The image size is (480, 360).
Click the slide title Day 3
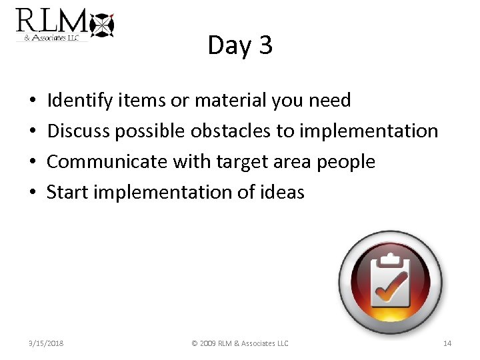[x=240, y=45]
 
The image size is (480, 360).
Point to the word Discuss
[x=78, y=131]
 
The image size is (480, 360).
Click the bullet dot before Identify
[x=33, y=101]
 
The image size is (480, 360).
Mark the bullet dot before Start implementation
[x=33, y=193]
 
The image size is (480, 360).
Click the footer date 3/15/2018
[x=46, y=343]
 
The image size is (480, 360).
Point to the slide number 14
[x=447, y=343]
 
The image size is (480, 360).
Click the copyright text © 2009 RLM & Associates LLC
[x=240, y=343]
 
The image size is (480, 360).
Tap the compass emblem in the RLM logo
[x=102, y=25]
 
